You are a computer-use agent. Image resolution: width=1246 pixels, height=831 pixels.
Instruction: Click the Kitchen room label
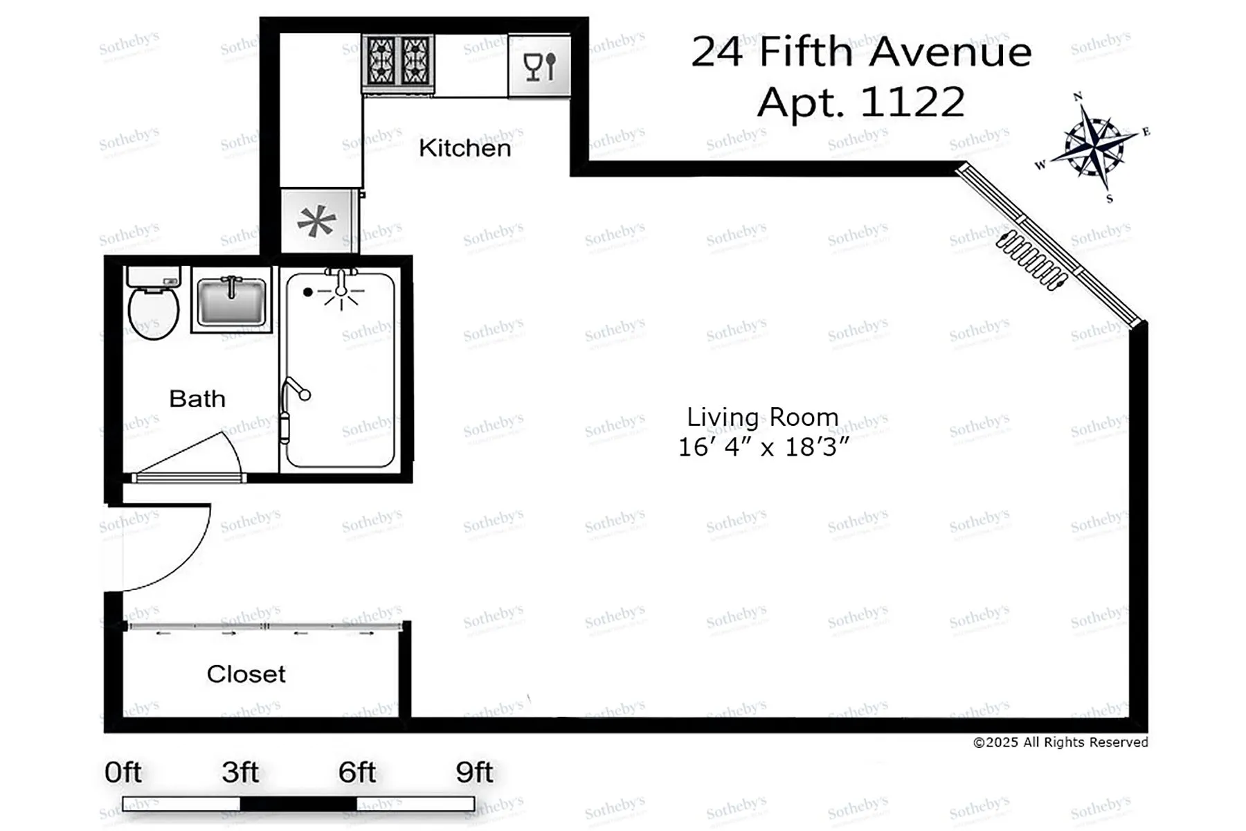point(464,148)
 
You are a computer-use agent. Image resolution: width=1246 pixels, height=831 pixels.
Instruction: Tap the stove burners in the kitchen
point(398,62)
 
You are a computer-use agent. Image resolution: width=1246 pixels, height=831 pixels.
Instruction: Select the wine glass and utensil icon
point(540,67)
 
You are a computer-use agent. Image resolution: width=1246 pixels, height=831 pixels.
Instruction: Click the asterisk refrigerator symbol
point(316,222)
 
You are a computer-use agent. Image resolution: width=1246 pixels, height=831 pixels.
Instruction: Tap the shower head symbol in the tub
point(341,291)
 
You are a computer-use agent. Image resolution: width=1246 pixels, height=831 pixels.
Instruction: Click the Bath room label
point(197,399)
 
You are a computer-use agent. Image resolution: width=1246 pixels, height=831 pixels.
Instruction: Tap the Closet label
point(246,674)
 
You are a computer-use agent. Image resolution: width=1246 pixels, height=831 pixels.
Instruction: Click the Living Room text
point(762,418)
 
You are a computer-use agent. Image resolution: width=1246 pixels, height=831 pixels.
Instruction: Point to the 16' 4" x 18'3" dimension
point(762,447)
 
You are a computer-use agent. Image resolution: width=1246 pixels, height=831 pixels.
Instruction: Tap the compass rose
point(1093,145)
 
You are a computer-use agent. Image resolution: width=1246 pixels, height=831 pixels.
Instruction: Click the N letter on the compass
point(1077,97)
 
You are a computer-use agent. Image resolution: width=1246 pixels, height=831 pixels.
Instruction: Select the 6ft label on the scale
point(357,772)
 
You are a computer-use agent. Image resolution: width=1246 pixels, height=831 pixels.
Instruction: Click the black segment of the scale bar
point(298,804)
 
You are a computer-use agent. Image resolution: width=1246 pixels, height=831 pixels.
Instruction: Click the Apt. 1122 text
point(860,102)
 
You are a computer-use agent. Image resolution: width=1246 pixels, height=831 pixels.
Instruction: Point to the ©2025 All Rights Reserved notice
point(1060,742)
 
